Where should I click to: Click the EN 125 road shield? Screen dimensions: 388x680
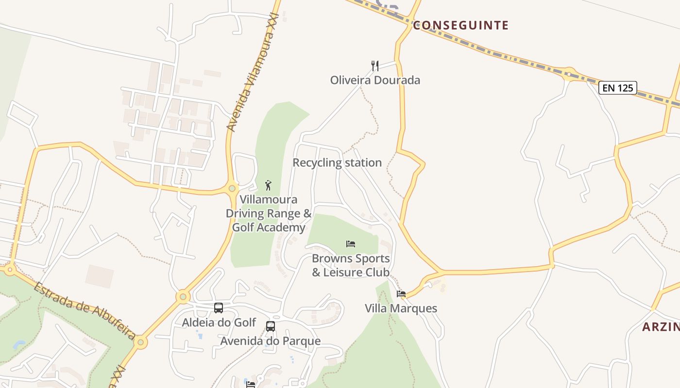coord(617,88)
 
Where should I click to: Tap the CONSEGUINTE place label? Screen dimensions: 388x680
coord(460,25)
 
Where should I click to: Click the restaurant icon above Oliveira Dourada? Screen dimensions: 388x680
coord(375,65)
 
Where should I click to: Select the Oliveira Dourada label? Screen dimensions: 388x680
coord(375,80)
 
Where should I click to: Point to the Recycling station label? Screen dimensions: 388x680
coord(337,162)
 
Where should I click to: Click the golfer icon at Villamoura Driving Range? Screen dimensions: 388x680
coord(268,185)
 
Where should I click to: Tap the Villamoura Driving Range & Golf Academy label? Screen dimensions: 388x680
coord(269,213)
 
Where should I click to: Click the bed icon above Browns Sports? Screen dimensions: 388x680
coord(351,243)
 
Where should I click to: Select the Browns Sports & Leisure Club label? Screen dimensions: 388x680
coord(351,265)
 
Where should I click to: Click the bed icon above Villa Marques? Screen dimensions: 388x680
coord(401,294)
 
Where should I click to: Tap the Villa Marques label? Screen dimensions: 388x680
coord(401,308)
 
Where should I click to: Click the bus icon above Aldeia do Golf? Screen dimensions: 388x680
coord(219,307)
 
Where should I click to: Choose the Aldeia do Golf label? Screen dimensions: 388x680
coord(219,322)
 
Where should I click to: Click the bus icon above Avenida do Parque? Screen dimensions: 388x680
coord(271,326)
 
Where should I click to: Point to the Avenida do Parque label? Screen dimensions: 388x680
coord(271,341)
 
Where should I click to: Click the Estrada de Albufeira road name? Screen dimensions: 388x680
coord(85,310)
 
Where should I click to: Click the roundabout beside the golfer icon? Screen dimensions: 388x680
coord(232,188)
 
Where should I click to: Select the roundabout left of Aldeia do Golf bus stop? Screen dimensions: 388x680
coord(183,296)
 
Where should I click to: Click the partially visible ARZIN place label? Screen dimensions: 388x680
coord(661,327)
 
